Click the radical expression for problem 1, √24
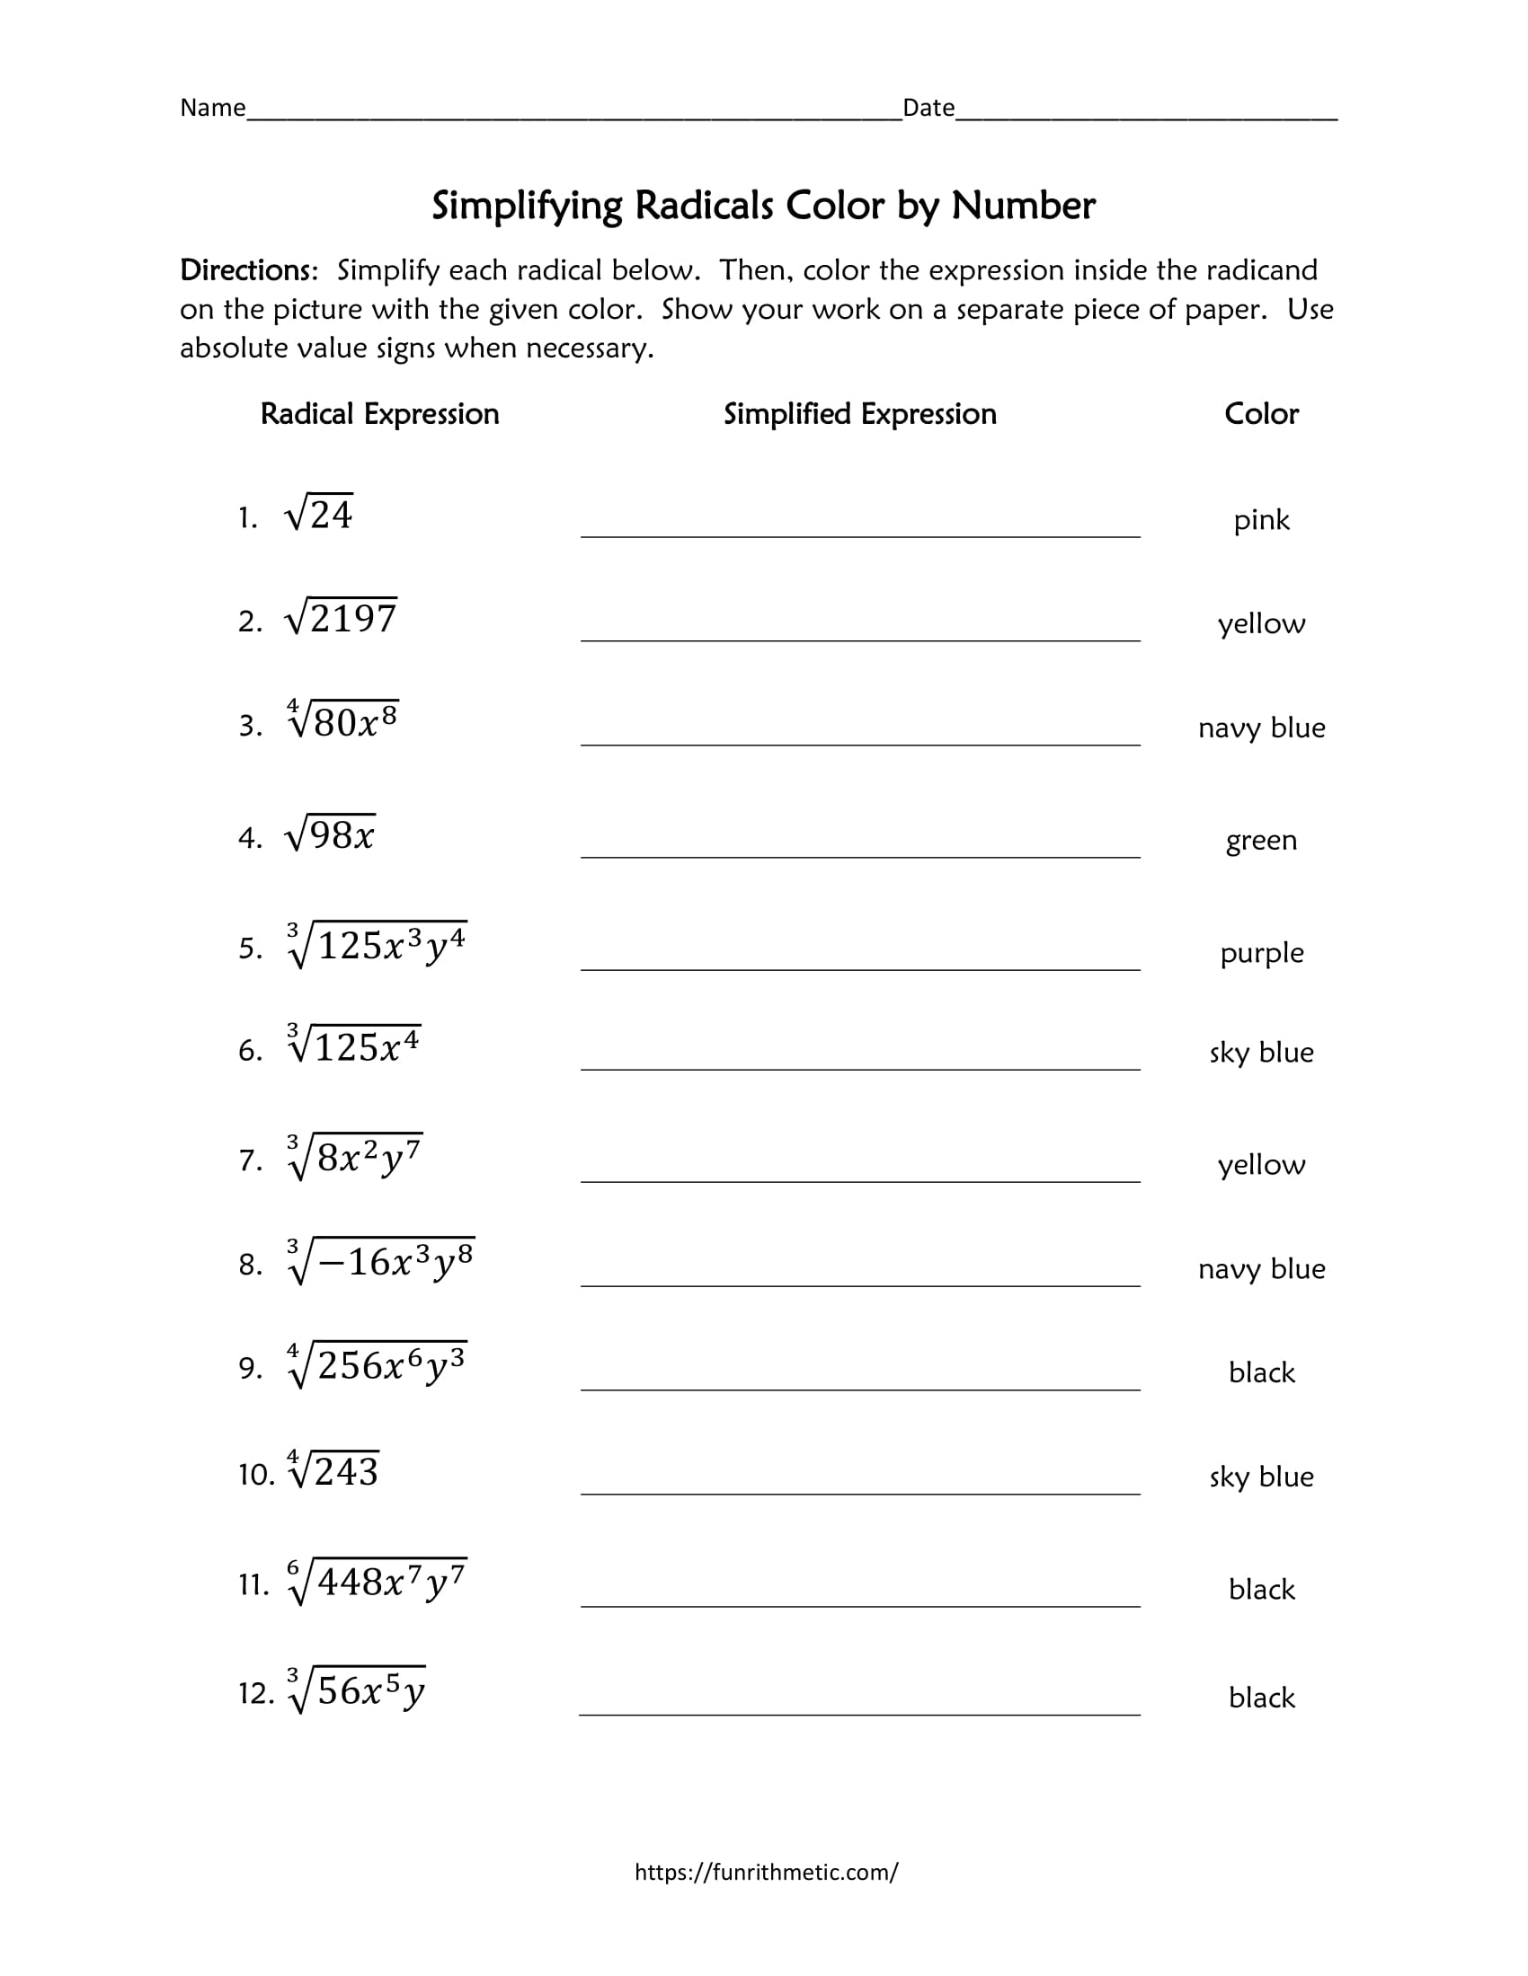click(x=319, y=515)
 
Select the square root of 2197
click(x=341, y=618)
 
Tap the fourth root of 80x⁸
click(x=343, y=721)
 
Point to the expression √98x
click(x=331, y=834)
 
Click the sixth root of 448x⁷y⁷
click(x=378, y=1582)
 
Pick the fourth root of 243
click(x=333, y=1471)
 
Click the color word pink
click(x=1260, y=520)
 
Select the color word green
click(x=1260, y=841)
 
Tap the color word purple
click(x=1261, y=953)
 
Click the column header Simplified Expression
click(x=859, y=414)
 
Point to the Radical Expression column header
click(x=379, y=414)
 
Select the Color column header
click(x=1260, y=414)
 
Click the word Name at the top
click(x=213, y=108)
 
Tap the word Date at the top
click(x=928, y=108)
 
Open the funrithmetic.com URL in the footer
click(x=766, y=1871)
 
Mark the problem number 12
click(x=254, y=1693)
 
